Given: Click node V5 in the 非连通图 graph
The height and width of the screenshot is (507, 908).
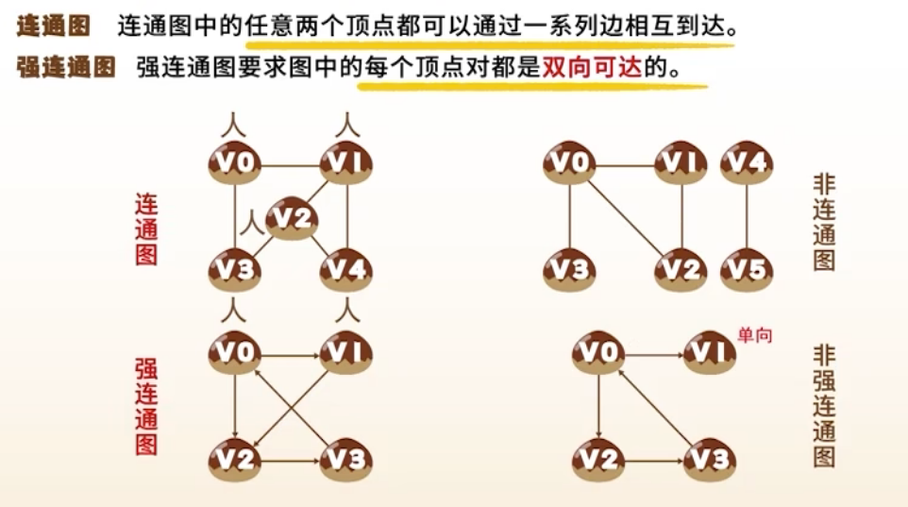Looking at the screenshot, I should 747,270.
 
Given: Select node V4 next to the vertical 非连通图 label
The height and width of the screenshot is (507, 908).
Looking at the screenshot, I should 747,163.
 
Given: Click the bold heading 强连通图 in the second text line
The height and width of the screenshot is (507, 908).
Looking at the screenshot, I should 66,68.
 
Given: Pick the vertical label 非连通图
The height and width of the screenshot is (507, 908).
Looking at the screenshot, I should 824,223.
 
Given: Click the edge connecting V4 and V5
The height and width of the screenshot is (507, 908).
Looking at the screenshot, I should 747,217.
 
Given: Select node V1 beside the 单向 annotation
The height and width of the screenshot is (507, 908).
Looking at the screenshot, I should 709,354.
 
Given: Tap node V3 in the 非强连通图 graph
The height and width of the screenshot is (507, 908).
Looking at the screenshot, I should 709,460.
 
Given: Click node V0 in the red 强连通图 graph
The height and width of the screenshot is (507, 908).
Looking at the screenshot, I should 234,354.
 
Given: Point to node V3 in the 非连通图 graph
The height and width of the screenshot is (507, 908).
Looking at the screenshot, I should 569,270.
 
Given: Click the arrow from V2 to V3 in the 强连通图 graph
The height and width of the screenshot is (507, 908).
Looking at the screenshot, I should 291,461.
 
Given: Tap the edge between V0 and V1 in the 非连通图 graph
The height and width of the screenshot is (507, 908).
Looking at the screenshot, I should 625,164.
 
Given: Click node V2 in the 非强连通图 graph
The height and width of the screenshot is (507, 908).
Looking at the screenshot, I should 598,460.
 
